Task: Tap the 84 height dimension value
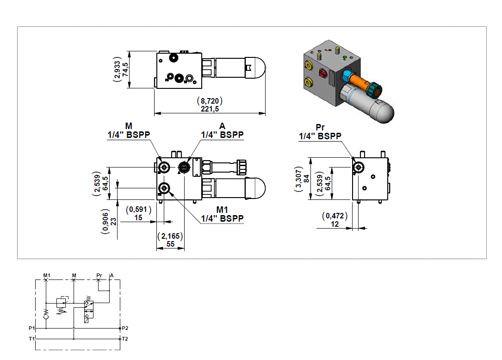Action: tap(306, 178)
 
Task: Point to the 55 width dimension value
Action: tap(170, 244)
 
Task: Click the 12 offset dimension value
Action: tap(335, 224)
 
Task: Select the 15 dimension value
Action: tap(138, 217)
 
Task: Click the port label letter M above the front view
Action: tap(129, 126)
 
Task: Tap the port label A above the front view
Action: tap(222, 126)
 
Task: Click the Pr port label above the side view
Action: tap(320, 127)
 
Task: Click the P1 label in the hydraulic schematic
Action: tap(31, 328)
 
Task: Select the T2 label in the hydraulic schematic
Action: tap(125, 339)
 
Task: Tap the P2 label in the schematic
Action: tap(125, 328)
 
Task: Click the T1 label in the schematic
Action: tap(31, 339)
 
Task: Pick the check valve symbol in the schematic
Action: tap(46, 316)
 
